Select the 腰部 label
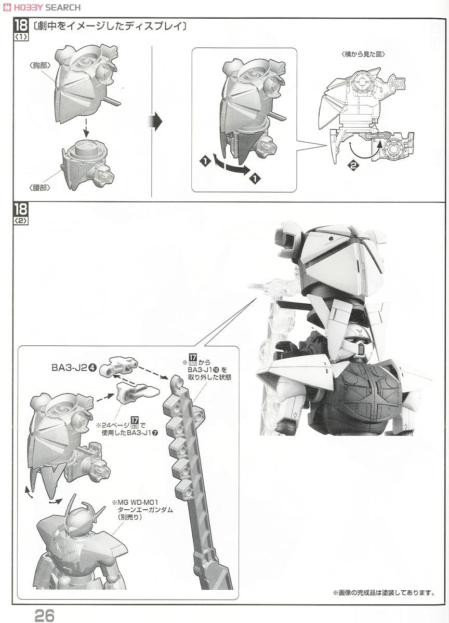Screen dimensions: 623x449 point(40,187)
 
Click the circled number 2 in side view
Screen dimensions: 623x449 point(354,166)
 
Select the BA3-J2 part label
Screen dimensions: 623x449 point(73,368)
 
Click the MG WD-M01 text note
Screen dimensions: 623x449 point(141,510)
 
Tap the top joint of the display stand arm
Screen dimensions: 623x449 point(177,383)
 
